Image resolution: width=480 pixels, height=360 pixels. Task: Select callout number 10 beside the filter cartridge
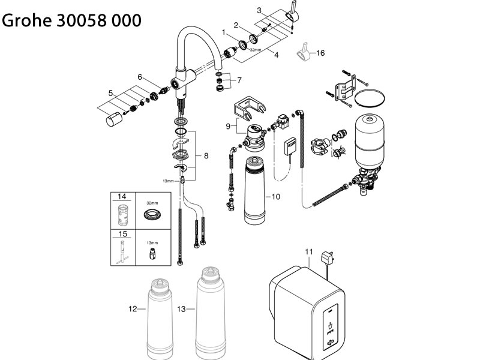(276, 196)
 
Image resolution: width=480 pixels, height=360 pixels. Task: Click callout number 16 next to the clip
(320, 53)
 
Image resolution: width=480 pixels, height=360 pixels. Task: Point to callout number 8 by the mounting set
(206, 155)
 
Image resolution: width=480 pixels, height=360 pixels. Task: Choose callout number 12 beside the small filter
(133, 309)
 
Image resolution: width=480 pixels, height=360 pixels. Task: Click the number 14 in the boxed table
(122, 197)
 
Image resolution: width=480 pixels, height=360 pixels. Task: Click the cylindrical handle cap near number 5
(113, 122)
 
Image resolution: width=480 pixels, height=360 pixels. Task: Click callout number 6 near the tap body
(139, 77)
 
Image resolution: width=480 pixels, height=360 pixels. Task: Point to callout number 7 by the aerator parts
(239, 80)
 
